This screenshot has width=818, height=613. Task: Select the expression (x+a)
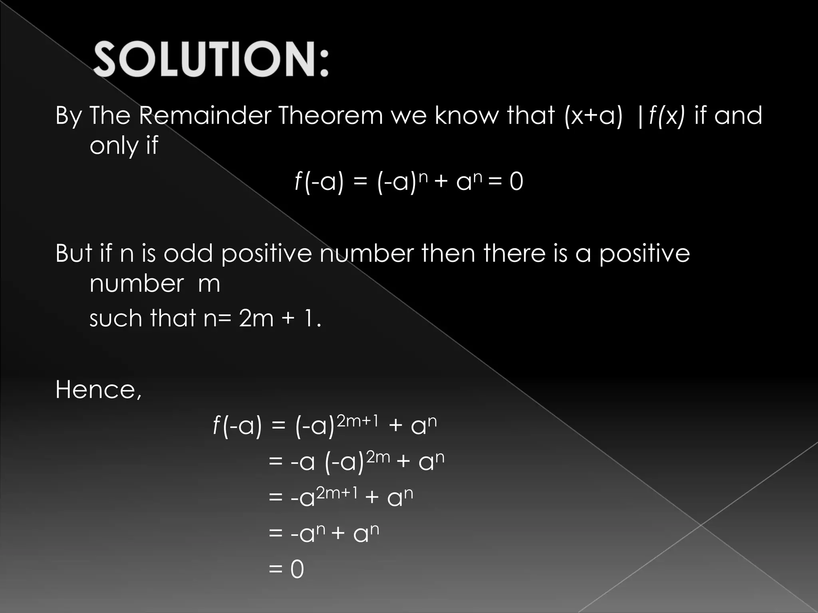[x=594, y=116]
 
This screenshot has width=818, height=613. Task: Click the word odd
[x=188, y=253]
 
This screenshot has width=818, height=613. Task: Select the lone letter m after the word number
[x=209, y=284]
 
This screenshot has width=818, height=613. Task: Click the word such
[x=115, y=318]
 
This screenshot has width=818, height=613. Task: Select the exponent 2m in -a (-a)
[x=378, y=457]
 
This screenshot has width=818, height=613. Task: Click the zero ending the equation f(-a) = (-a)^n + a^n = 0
[x=516, y=182]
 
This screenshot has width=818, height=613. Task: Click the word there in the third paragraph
[x=514, y=253]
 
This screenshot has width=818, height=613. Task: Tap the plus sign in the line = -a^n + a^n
[x=338, y=534]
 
